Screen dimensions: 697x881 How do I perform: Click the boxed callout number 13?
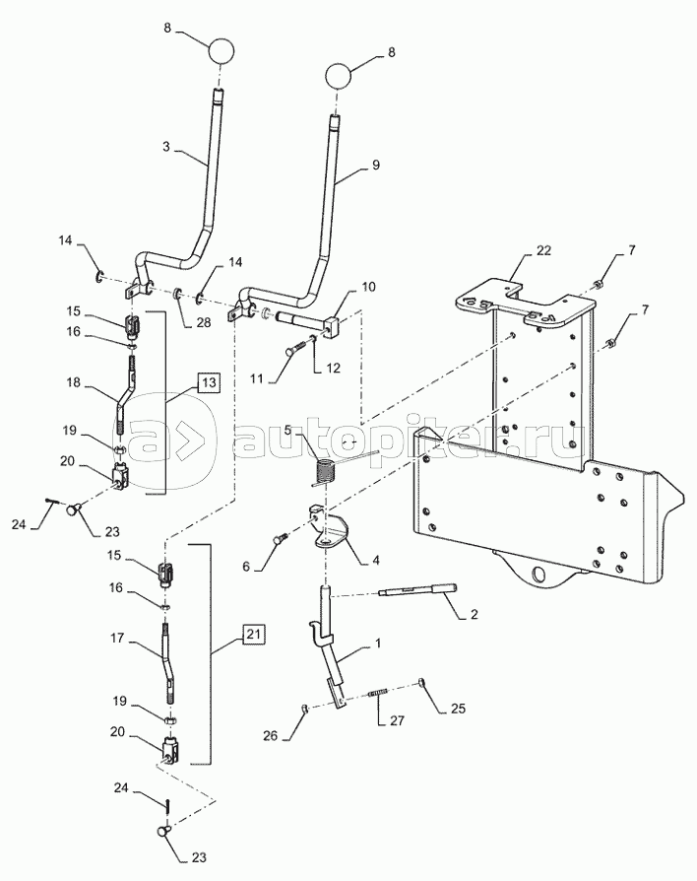point(208,382)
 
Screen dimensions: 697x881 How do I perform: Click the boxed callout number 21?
point(254,634)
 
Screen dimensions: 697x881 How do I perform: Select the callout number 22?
point(543,250)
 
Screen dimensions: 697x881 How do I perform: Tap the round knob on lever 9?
point(339,75)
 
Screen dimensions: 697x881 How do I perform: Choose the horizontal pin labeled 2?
point(419,590)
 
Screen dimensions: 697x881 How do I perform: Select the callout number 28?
point(203,322)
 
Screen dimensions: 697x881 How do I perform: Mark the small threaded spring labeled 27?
point(379,696)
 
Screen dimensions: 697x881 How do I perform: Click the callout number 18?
point(74,383)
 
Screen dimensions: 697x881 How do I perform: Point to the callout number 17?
point(118,639)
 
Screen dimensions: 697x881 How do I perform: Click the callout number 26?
point(271,735)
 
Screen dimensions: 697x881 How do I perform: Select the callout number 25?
point(458,709)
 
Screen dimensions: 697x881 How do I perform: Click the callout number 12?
point(333,368)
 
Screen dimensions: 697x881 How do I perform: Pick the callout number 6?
point(246,567)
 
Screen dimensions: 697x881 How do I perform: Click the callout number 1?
point(378,643)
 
